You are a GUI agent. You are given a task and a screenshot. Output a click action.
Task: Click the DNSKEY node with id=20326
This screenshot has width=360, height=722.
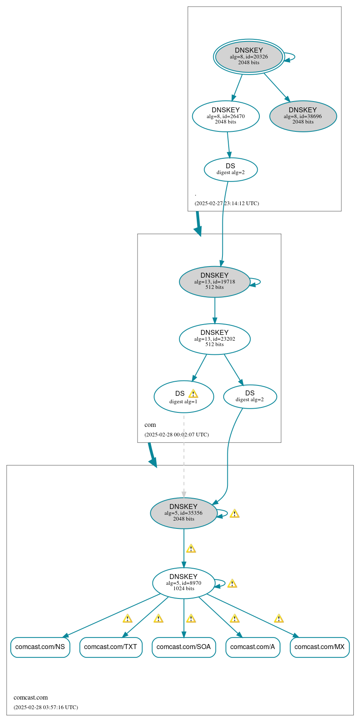click(x=249, y=56)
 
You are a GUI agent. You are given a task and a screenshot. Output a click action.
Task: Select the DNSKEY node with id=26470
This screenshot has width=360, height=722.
click(x=226, y=116)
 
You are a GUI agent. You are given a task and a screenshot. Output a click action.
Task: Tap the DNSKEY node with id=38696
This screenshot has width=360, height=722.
click(x=303, y=116)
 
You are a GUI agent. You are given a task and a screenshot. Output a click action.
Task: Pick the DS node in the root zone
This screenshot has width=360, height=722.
click(x=231, y=169)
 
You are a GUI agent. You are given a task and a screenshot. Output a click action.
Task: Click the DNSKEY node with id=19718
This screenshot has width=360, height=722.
click(x=215, y=281)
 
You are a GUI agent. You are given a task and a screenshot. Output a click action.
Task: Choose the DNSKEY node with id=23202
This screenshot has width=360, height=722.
click(x=215, y=339)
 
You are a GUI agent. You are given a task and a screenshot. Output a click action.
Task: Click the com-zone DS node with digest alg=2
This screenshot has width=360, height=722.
click(x=250, y=397)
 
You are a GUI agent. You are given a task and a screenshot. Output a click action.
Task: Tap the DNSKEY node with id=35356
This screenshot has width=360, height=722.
click(x=184, y=513)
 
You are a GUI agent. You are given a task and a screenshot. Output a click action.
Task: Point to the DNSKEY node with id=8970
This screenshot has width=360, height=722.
click(x=184, y=583)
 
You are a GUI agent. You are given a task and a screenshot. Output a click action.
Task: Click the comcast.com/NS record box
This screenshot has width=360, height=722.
click(x=40, y=647)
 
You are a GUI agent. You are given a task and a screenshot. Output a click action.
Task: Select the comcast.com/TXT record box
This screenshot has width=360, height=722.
click(x=111, y=647)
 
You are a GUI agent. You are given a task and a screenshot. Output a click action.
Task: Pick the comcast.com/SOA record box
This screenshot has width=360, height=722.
click(x=184, y=647)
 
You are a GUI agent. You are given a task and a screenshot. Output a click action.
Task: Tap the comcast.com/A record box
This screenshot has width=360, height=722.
click(x=253, y=647)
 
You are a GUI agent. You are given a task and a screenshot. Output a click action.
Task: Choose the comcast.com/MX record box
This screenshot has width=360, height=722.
click(x=319, y=647)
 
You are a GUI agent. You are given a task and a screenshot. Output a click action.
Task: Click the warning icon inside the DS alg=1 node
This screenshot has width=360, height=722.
click(x=193, y=394)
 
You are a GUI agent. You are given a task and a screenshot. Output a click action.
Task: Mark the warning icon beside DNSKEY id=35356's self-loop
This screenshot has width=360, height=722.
click(x=234, y=514)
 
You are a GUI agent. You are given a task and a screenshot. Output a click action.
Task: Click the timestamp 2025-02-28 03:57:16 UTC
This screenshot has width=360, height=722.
click(x=46, y=707)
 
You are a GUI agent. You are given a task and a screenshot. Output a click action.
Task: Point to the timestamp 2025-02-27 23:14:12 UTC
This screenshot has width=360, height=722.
click(x=227, y=203)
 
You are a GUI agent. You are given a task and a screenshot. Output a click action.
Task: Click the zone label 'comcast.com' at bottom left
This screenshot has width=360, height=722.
click(x=31, y=697)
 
